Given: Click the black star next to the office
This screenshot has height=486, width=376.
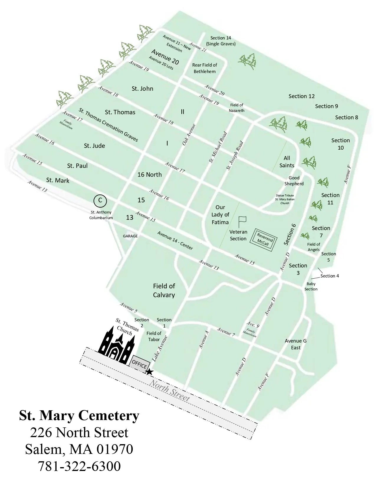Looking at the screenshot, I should [150, 372].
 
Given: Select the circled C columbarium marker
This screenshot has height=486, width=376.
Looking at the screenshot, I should [100, 201].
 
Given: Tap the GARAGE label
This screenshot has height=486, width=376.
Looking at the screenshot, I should [130, 236].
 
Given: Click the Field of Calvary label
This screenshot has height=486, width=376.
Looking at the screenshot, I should [164, 290].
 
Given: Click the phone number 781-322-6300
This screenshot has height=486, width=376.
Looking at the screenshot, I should [79, 466].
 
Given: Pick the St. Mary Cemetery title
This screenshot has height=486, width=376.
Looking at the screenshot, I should [79, 416].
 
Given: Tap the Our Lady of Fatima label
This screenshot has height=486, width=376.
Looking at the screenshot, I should [220, 215].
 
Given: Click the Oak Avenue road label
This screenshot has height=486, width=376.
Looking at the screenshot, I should [189, 135].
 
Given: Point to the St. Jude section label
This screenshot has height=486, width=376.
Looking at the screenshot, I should [94, 146].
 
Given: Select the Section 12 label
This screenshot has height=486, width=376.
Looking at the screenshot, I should [301, 96].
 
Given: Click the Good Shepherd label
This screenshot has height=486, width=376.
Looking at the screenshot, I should [294, 181].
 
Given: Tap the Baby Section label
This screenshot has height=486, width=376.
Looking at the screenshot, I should [311, 286].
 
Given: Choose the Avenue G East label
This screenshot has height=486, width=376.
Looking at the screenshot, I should [295, 344].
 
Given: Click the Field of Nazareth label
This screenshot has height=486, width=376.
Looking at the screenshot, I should [237, 108].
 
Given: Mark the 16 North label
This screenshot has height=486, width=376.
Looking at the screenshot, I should [150, 174].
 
